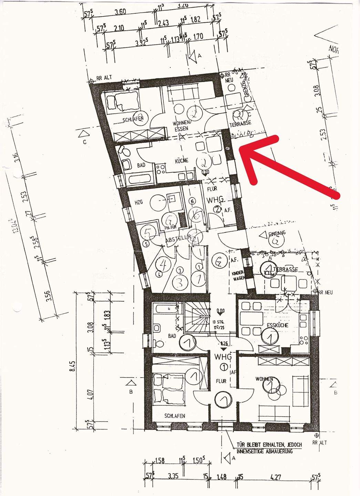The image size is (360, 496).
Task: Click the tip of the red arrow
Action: click(x=240, y=149)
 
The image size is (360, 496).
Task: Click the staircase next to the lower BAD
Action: click(x=197, y=318)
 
